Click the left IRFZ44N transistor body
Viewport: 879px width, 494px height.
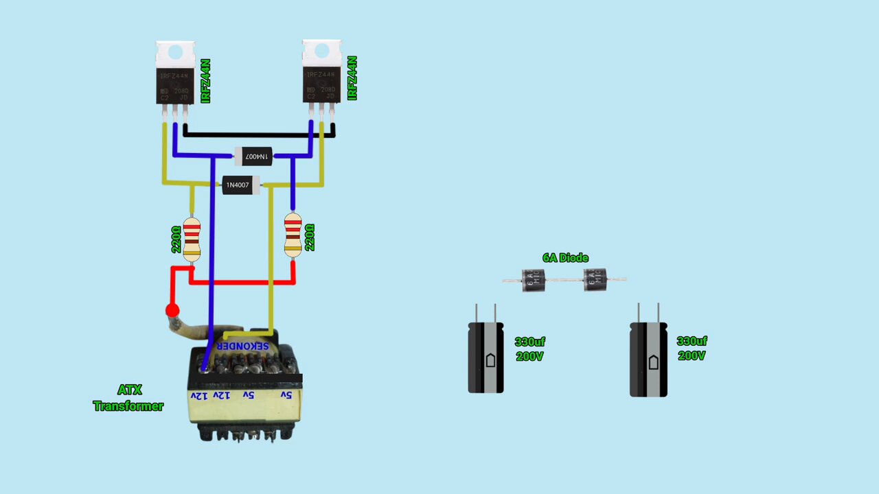(x=175, y=86)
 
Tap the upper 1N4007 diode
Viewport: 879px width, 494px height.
(x=253, y=156)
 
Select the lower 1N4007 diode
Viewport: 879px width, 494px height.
(x=240, y=185)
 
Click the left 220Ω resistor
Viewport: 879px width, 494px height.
(x=192, y=238)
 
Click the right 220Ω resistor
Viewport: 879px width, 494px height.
(x=293, y=235)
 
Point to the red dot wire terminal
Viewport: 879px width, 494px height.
(x=172, y=311)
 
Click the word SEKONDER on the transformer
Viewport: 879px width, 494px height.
(x=243, y=346)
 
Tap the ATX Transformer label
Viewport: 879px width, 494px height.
(x=128, y=398)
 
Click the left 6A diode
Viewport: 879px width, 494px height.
(x=533, y=279)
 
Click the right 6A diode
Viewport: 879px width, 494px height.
(x=595, y=279)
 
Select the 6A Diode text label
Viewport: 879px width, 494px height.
(x=565, y=258)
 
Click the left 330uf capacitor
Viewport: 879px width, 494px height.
(x=486, y=357)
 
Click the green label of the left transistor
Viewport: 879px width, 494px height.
(x=205, y=81)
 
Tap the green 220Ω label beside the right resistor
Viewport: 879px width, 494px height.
(x=310, y=237)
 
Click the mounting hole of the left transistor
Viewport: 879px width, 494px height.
(x=175, y=52)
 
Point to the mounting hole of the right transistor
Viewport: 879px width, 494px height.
(x=321, y=51)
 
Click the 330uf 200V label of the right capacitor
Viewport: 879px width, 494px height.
(x=692, y=349)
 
